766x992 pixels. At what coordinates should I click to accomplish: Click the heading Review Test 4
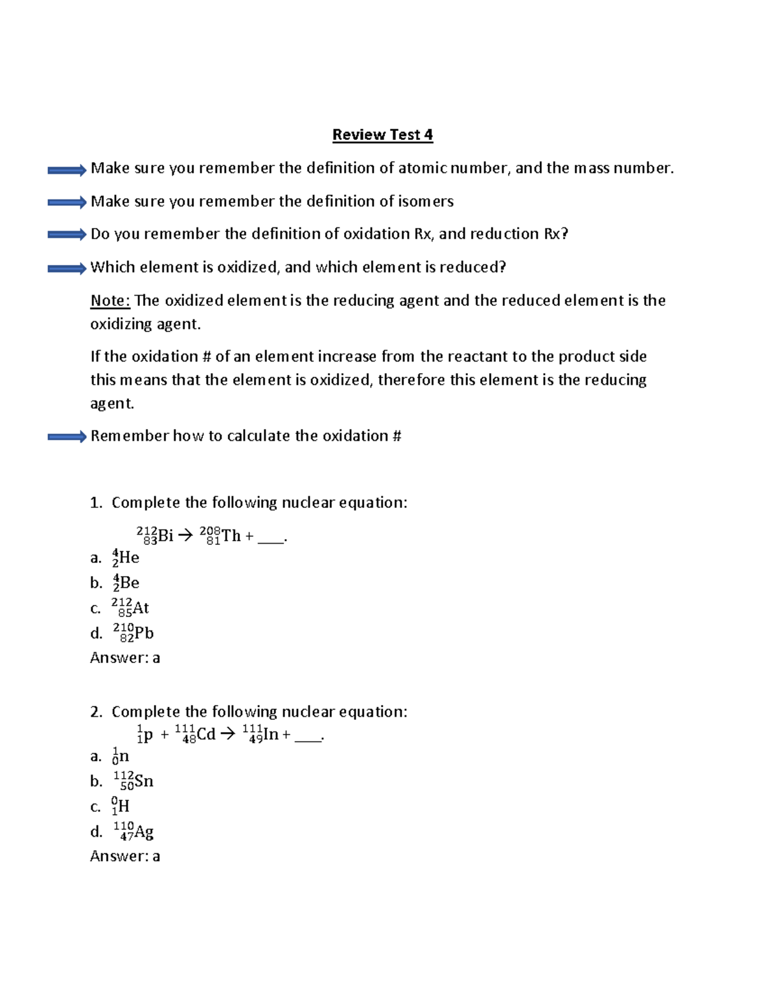click(382, 135)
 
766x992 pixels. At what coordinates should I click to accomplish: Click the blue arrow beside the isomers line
click(66, 202)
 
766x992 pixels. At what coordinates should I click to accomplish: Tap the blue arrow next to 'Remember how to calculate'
click(66, 437)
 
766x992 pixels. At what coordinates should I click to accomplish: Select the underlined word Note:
click(110, 301)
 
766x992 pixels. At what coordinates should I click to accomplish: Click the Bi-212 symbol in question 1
click(154, 535)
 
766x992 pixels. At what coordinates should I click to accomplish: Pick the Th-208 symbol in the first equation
click(220, 535)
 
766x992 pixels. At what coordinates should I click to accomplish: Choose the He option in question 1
click(126, 558)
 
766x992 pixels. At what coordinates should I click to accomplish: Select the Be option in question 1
click(126, 583)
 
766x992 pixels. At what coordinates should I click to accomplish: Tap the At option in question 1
click(130, 607)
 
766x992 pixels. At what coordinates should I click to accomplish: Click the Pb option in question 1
click(133, 633)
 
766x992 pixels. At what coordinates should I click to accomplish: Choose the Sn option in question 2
click(133, 781)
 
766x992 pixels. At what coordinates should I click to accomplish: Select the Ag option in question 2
click(133, 831)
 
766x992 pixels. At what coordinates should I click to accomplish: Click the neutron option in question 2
click(121, 756)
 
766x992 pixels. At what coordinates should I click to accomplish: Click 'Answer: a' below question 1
click(125, 658)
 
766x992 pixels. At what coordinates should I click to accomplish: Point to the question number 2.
click(96, 712)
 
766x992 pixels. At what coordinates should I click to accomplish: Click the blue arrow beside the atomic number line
click(66, 170)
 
